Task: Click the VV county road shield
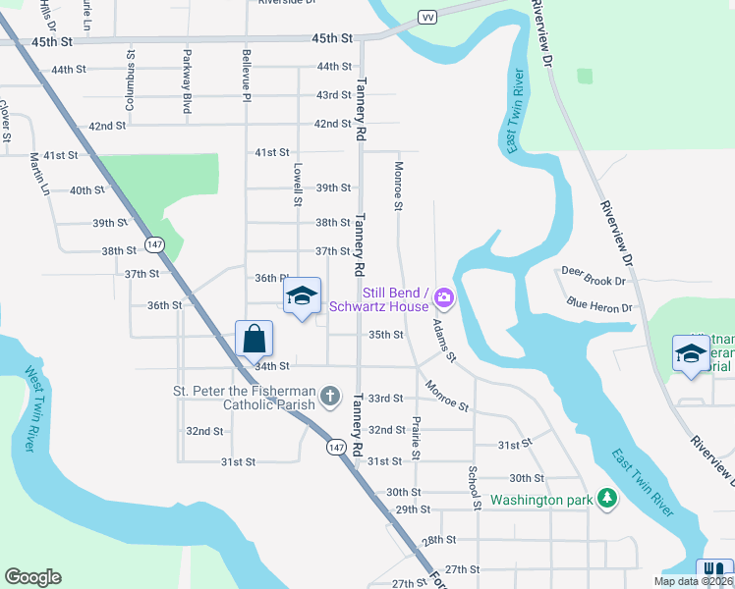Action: click(426, 18)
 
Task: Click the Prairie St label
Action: click(417, 438)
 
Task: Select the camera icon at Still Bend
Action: click(444, 296)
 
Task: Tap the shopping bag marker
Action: click(254, 339)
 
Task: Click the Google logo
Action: click(32, 577)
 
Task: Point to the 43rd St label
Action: click(334, 95)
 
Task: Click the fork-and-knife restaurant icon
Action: click(714, 568)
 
